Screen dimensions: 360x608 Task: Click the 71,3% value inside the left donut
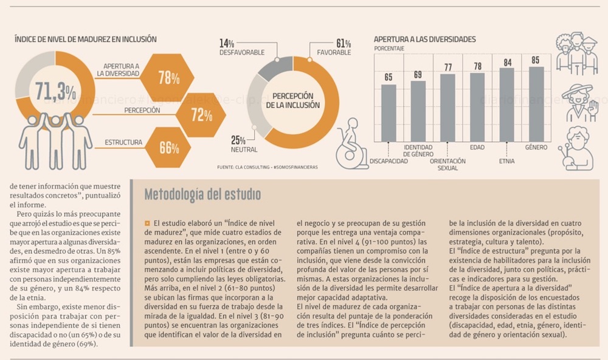pos(55,92)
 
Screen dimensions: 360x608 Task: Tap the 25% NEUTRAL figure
pos(243,144)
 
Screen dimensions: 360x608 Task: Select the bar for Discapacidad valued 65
pos(389,112)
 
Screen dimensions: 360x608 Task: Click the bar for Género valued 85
pos(536,104)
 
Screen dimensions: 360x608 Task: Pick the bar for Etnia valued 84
pos(506,105)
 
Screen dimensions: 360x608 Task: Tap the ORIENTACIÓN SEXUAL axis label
pos(447,165)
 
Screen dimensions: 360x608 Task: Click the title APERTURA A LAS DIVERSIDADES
pos(424,40)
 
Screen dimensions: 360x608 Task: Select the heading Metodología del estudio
pos(202,195)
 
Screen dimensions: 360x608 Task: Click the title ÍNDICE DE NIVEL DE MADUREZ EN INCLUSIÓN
pos(86,39)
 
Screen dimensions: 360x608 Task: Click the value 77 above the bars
pos(448,67)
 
